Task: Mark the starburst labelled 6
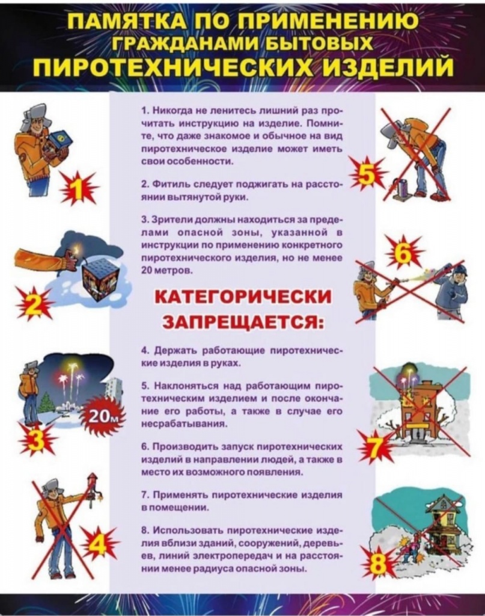click(x=403, y=253)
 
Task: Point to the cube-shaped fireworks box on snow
click(x=100, y=279)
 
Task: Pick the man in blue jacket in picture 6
click(x=450, y=291)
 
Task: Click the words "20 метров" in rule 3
click(x=158, y=271)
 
